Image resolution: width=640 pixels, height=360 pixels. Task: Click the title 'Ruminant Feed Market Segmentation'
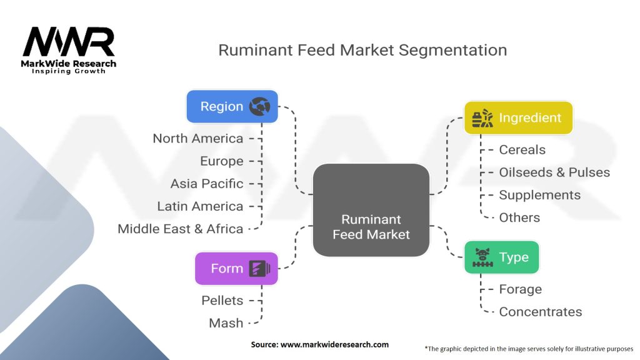pyautogui.click(x=362, y=50)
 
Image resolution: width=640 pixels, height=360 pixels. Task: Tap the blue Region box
pyautogui.click(x=232, y=106)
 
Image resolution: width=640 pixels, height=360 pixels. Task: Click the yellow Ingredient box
pyautogui.click(x=518, y=117)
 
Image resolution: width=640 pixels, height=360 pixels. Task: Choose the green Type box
pyautogui.click(x=501, y=257)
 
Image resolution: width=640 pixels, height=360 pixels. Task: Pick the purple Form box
pyautogui.click(x=236, y=268)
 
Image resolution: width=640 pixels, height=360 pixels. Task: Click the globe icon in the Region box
pyautogui.click(x=259, y=107)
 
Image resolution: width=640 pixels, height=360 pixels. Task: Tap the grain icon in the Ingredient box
pyautogui.click(x=482, y=117)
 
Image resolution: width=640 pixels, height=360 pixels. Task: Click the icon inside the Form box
pyautogui.click(x=259, y=269)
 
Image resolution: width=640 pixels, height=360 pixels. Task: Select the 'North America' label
pyautogui.click(x=198, y=139)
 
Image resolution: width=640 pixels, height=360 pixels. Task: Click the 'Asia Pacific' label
pyautogui.click(x=207, y=184)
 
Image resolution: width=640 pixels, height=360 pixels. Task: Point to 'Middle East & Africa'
pyautogui.click(x=181, y=229)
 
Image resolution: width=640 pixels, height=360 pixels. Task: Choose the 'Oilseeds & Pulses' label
pyautogui.click(x=554, y=172)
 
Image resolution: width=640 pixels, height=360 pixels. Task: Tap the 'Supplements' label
pyautogui.click(x=539, y=195)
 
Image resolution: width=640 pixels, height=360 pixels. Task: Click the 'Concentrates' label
pyautogui.click(x=540, y=312)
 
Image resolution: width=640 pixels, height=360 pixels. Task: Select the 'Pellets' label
pyautogui.click(x=222, y=301)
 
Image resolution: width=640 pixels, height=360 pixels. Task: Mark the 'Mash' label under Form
pyautogui.click(x=226, y=323)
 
